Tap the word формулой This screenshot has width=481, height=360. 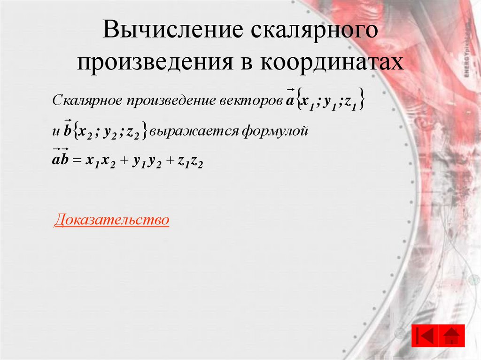pos(274,131)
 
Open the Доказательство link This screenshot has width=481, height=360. pos(111,220)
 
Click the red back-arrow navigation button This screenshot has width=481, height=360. pos(425,336)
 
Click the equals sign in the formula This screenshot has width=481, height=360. pos(78,161)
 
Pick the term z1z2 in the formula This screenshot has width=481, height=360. pos(190,161)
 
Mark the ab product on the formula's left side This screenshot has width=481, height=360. pos(60,160)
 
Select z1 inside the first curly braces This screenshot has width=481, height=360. pos(352,102)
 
